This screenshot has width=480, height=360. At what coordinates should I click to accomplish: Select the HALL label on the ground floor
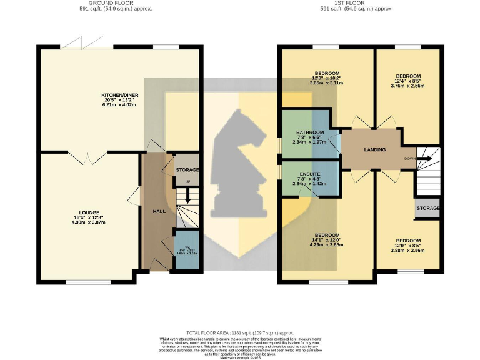(159, 211)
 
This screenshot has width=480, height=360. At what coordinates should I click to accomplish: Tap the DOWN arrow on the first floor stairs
(427, 158)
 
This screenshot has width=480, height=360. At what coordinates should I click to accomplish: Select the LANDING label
(375, 149)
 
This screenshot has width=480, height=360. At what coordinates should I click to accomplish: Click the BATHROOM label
(310, 132)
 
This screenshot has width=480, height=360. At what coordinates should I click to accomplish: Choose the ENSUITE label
(310, 174)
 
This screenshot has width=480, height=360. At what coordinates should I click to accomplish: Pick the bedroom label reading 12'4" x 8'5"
(407, 75)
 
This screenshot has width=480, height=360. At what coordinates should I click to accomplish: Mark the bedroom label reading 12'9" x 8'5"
(407, 241)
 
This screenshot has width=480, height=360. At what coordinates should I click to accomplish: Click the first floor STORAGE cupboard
(427, 208)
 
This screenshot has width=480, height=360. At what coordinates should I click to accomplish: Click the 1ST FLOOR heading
(356, 3)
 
